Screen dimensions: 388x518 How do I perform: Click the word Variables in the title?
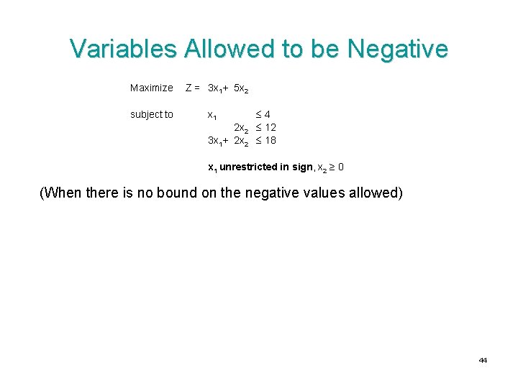[123, 49]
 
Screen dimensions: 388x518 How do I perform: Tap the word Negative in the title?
[397, 49]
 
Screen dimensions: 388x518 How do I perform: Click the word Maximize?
[152, 88]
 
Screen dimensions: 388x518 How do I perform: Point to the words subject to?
[152, 114]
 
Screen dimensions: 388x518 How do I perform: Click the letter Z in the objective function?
[189, 88]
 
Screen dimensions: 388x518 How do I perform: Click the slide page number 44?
[483, 360]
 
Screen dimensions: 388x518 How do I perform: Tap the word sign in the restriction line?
[303, 167]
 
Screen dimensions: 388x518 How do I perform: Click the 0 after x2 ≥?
[341, 167]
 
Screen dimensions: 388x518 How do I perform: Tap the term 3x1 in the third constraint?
[214, 141]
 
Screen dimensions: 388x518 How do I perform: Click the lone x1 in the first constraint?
[214, 115]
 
